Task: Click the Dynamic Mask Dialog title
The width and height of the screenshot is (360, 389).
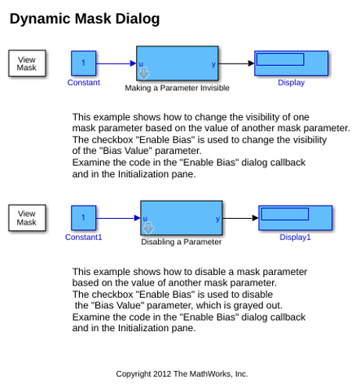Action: click(x=85, y=20)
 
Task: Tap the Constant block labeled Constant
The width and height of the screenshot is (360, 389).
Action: click(x=84, y=63)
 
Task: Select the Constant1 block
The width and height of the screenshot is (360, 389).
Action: click(x=84, y=218)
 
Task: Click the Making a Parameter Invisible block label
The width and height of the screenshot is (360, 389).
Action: click(x=177, y=88)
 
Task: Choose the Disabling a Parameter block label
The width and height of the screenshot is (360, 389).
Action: click(x=181, y=242)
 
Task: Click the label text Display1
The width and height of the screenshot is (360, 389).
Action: click(x=295, y=237)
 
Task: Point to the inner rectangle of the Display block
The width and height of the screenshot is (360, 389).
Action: click(x=280, y=59)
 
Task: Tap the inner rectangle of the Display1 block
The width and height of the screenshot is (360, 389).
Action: click(x=285, y=214)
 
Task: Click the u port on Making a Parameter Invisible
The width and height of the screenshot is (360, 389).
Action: click(x=141, y=64)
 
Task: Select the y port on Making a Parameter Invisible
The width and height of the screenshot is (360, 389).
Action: click(x=213, y=64)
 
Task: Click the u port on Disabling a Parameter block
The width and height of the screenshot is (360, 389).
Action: click(x=145, y=219)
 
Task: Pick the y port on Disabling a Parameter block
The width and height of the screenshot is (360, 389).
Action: click(x=217, y=219)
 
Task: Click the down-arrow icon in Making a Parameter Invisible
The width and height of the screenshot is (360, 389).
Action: click(x=143, y=73)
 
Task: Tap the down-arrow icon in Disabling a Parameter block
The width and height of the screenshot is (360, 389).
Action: click(x=148, y=228)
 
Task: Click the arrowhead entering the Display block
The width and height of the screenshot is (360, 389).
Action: click(x=251, y=63)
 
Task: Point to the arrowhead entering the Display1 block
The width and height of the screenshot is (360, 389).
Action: click(x=255, y=218)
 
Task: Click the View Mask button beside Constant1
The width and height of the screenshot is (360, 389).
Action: click(x=27, y=218)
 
